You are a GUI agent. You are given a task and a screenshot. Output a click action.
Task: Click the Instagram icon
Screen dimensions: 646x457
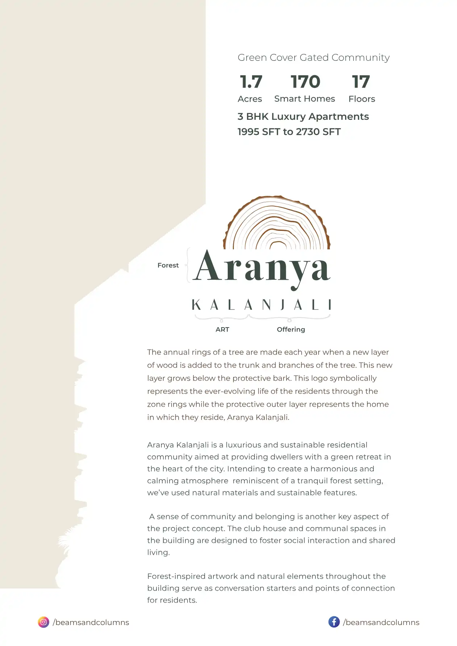(x=43, y=622)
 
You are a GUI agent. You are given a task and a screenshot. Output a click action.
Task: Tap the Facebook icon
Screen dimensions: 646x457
(x=334, y=622)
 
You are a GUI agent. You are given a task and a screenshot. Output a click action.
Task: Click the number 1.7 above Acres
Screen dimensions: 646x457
(x=251, y=82)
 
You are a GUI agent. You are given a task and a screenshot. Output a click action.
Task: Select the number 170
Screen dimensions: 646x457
(x=305, y=82)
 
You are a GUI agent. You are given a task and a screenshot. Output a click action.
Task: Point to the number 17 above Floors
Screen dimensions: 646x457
(x=361, y=82)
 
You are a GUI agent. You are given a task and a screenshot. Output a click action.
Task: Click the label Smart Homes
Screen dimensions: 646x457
(x=305, y=99)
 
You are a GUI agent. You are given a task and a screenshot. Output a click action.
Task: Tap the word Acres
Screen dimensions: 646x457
(x=250, y=99)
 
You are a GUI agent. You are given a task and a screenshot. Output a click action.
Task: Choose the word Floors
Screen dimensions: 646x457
(x=362, y=99)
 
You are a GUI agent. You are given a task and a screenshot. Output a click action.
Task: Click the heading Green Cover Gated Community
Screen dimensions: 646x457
(x=314, y=58)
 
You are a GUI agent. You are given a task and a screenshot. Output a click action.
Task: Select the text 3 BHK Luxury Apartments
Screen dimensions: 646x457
(x=303, y=117)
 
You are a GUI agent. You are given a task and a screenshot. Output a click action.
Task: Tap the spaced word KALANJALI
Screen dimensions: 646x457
(x=261, y=305)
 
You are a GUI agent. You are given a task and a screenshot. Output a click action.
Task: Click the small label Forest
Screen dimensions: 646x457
(x=168, y=265)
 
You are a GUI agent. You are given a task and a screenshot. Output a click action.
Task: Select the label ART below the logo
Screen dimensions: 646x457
(x=222, y=329)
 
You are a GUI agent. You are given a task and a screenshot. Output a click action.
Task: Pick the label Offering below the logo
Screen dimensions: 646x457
(x=291, y=329)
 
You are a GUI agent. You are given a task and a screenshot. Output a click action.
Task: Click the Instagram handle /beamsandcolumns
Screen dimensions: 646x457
(x=91, y=622)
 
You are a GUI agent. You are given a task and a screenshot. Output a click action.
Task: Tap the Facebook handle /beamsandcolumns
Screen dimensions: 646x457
(x=381, y=622)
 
